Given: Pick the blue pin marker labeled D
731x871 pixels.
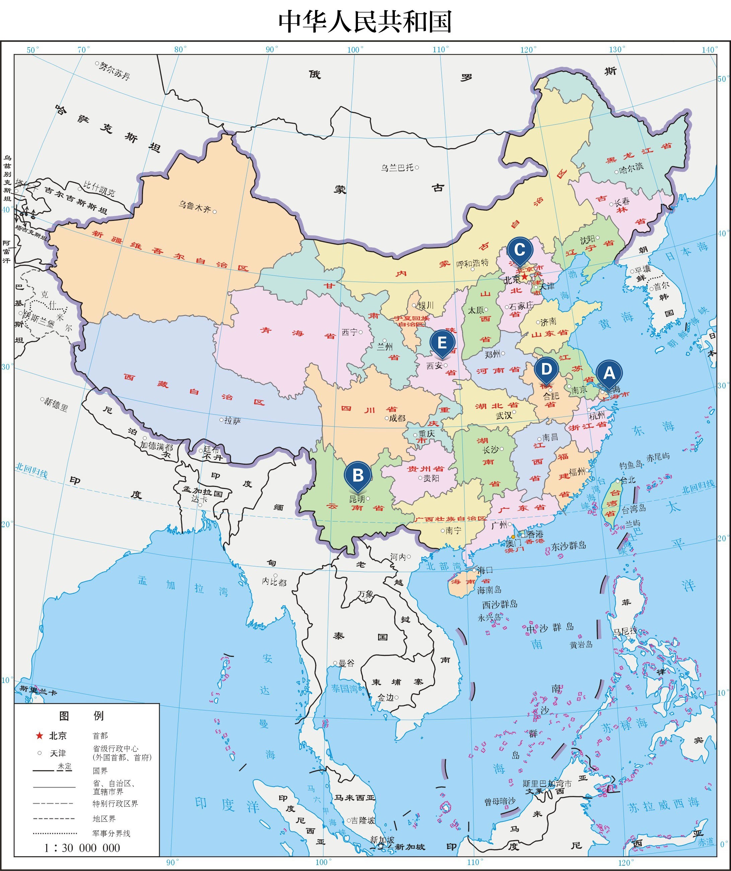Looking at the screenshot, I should (x=546, y=368).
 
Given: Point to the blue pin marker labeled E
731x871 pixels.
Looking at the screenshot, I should (x=442, y=343).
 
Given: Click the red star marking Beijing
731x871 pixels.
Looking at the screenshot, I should (x=524, y=276).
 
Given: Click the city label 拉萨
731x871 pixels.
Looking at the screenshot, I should (x=232, y=421).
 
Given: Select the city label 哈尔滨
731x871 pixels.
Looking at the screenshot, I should (x=631, y=168).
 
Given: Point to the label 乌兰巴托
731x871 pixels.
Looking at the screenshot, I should (x=397, y=168).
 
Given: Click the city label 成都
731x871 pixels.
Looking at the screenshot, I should (x=397, y=418).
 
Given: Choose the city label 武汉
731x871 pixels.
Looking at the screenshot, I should (x=504, y=415).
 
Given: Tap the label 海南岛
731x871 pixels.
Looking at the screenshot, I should (x=489, y=589).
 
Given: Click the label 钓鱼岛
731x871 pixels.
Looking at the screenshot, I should (x=631, y=465).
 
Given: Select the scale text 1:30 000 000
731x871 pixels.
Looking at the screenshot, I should (x=82, y=847).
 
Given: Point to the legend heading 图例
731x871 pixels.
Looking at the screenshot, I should (x=81, y=716).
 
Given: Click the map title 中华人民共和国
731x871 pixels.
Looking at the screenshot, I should (x=365, y=21).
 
